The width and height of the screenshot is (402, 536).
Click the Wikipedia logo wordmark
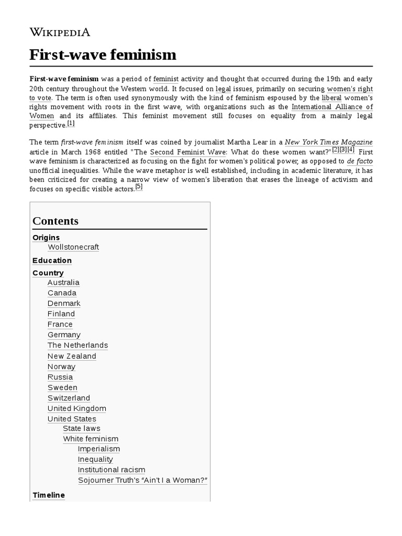click(60, 32)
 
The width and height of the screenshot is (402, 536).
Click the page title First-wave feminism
click(103, 55)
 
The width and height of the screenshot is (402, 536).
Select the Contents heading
click(55, 221)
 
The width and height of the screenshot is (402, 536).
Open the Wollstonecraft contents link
click(73, 247)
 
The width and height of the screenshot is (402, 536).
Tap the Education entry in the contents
click(52, 261)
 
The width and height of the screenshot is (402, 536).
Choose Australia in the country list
click(63, 283)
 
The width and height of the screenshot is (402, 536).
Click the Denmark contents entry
click(64, 304)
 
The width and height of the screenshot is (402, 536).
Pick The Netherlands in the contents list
click(77, 345)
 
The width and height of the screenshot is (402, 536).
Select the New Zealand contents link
click(72, 356)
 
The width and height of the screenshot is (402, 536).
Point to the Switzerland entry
click(69, 398)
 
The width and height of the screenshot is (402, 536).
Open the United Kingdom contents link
click(76, 408)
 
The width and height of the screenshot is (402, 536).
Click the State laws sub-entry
click(82, 429)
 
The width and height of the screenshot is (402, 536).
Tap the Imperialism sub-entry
click(99, 449)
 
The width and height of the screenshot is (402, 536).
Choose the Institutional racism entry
click(111, 470)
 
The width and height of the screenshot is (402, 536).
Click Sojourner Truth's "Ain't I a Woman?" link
click(142, 481)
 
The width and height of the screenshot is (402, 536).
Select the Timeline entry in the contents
click(49, 495)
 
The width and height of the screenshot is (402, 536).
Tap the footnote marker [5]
click(139, 187)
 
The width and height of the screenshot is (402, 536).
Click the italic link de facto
click(360, 161)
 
